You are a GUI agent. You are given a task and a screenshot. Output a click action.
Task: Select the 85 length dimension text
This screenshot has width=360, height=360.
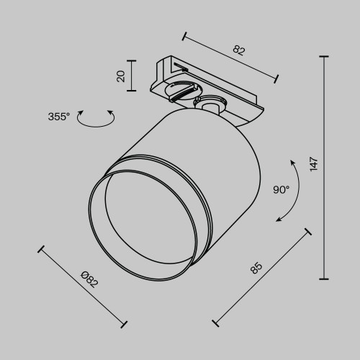256,268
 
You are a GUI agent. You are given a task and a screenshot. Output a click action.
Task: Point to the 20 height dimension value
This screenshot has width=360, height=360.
122,76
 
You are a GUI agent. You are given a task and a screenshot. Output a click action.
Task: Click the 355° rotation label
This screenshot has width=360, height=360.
58,116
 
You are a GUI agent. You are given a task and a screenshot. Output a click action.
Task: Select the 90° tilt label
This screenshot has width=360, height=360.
281,190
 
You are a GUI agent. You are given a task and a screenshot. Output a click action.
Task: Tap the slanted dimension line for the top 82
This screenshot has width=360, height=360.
230,55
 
